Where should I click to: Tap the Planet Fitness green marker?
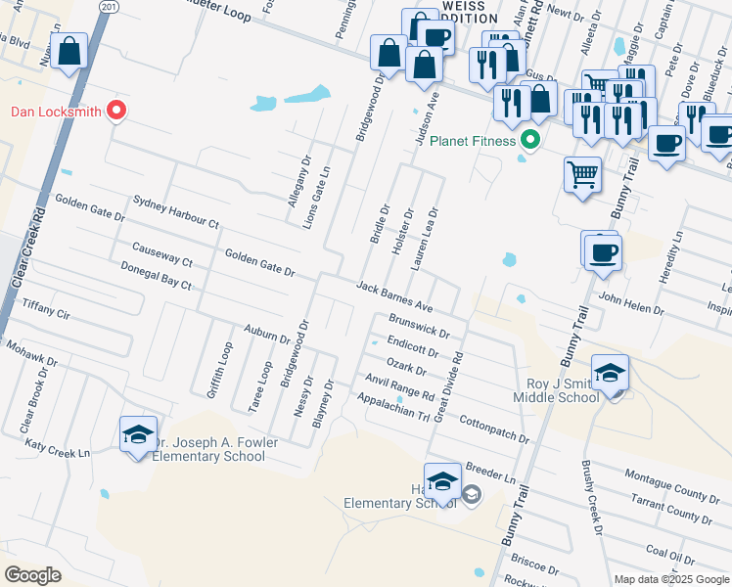click(x=530, y=141)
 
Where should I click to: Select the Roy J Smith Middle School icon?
click(x=610, y=374)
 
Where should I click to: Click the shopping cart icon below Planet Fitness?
click(x=582, y=175)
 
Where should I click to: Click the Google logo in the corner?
click(x=32, y=574)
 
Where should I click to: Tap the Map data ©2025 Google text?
click(x=671, y=579)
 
